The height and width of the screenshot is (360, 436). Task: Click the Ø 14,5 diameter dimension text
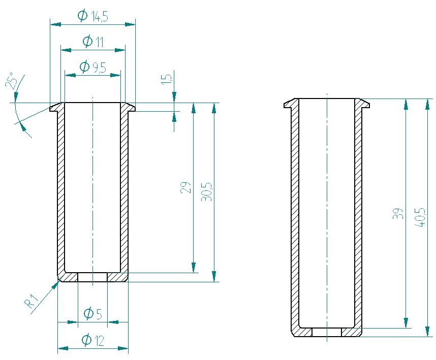93,16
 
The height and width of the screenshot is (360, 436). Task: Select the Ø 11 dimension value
93,42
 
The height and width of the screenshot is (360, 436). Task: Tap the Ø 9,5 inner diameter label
93,67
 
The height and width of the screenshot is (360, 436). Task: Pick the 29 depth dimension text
186,187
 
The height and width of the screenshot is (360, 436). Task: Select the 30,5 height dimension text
207,192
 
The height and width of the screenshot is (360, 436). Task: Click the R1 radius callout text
32,303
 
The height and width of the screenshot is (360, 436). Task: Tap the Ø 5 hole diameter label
93,314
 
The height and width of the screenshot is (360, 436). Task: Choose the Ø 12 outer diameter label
93,340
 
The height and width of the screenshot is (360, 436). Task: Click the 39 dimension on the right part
399,213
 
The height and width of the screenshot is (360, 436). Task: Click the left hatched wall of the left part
61,188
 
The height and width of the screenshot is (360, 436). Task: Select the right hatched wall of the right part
358,213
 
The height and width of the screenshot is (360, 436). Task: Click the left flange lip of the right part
290,104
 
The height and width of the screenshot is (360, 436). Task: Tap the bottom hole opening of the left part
92,277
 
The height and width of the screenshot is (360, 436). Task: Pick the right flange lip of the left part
130,107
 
